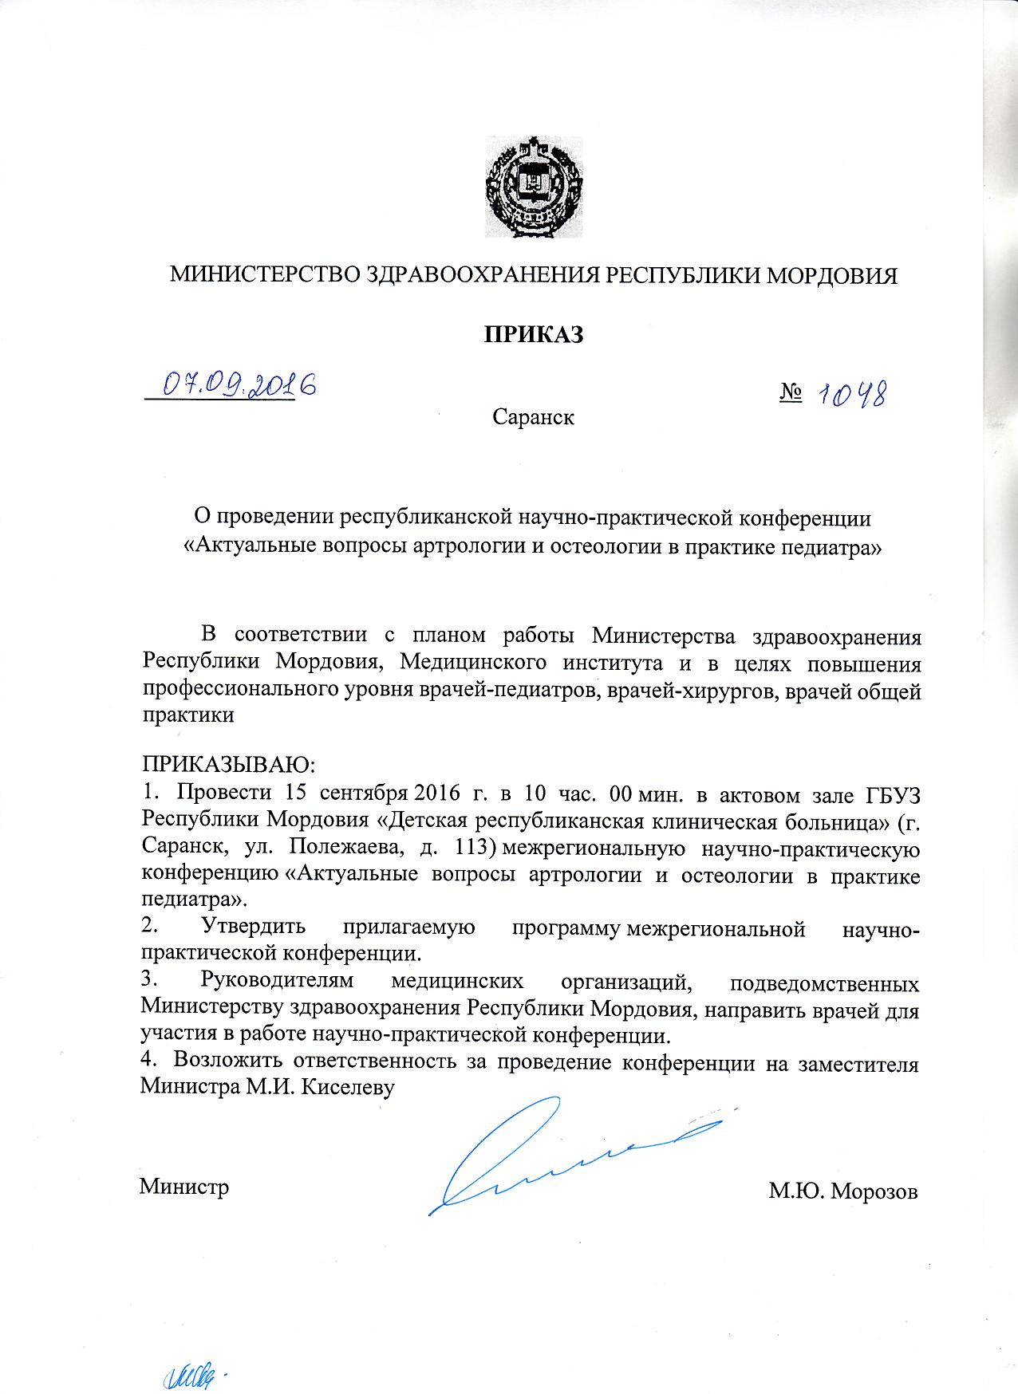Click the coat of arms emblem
click(x=534, y=187)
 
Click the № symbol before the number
click(x=790, y=393)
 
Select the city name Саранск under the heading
click(x=533, y=416)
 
